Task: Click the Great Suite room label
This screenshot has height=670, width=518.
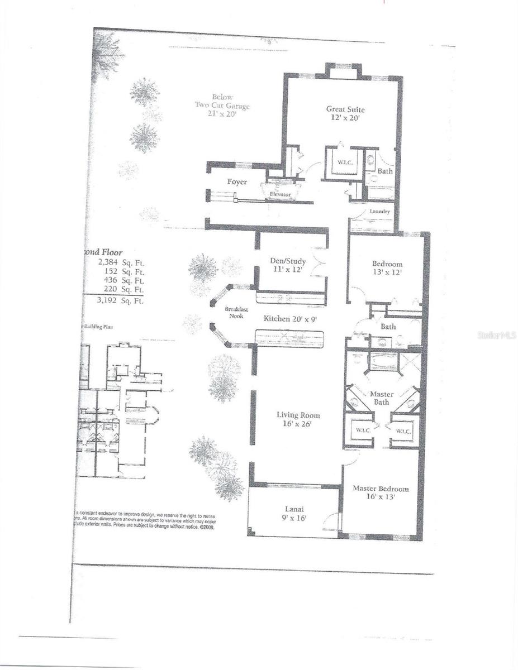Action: pos(343,109)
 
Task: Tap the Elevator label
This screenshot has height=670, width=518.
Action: pos(280,194)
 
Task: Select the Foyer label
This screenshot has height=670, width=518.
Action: pos(237,182)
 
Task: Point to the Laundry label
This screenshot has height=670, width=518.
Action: pos(379,212)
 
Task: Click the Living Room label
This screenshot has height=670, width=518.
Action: pos(298,415)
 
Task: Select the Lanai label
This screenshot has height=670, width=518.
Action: pos(293,509)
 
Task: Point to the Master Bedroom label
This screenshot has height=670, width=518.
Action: pos(380,489)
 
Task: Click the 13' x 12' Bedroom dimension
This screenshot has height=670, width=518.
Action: pos(387,274)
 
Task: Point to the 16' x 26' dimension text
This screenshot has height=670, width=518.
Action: pos(298,424)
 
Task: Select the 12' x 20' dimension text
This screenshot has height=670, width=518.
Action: pos(343,118)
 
